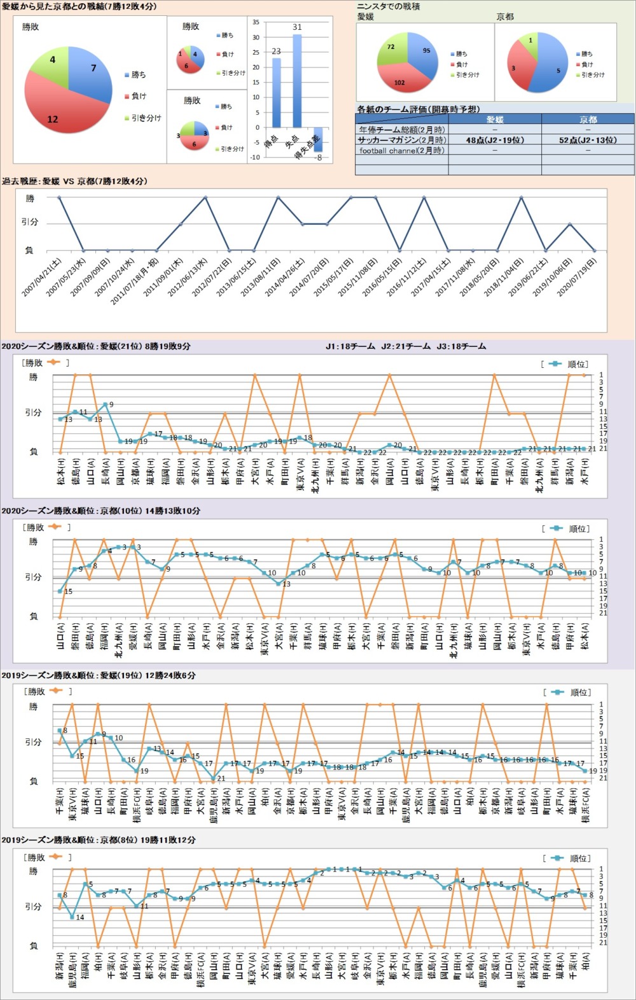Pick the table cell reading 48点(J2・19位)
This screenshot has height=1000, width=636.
(495, 140)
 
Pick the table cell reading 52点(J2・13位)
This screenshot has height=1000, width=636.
(588, 140)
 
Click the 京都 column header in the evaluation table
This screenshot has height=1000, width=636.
(588, 119)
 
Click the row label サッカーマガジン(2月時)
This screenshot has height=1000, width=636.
(401, 140)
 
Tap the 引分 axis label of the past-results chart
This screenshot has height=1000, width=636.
(30, 222)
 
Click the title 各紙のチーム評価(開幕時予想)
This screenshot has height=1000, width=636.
(418, 109)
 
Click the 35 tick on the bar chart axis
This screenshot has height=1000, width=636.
(256, 22)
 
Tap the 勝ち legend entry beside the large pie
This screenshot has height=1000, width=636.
(138, 74)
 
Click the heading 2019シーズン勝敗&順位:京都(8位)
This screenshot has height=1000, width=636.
(99, 840)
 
